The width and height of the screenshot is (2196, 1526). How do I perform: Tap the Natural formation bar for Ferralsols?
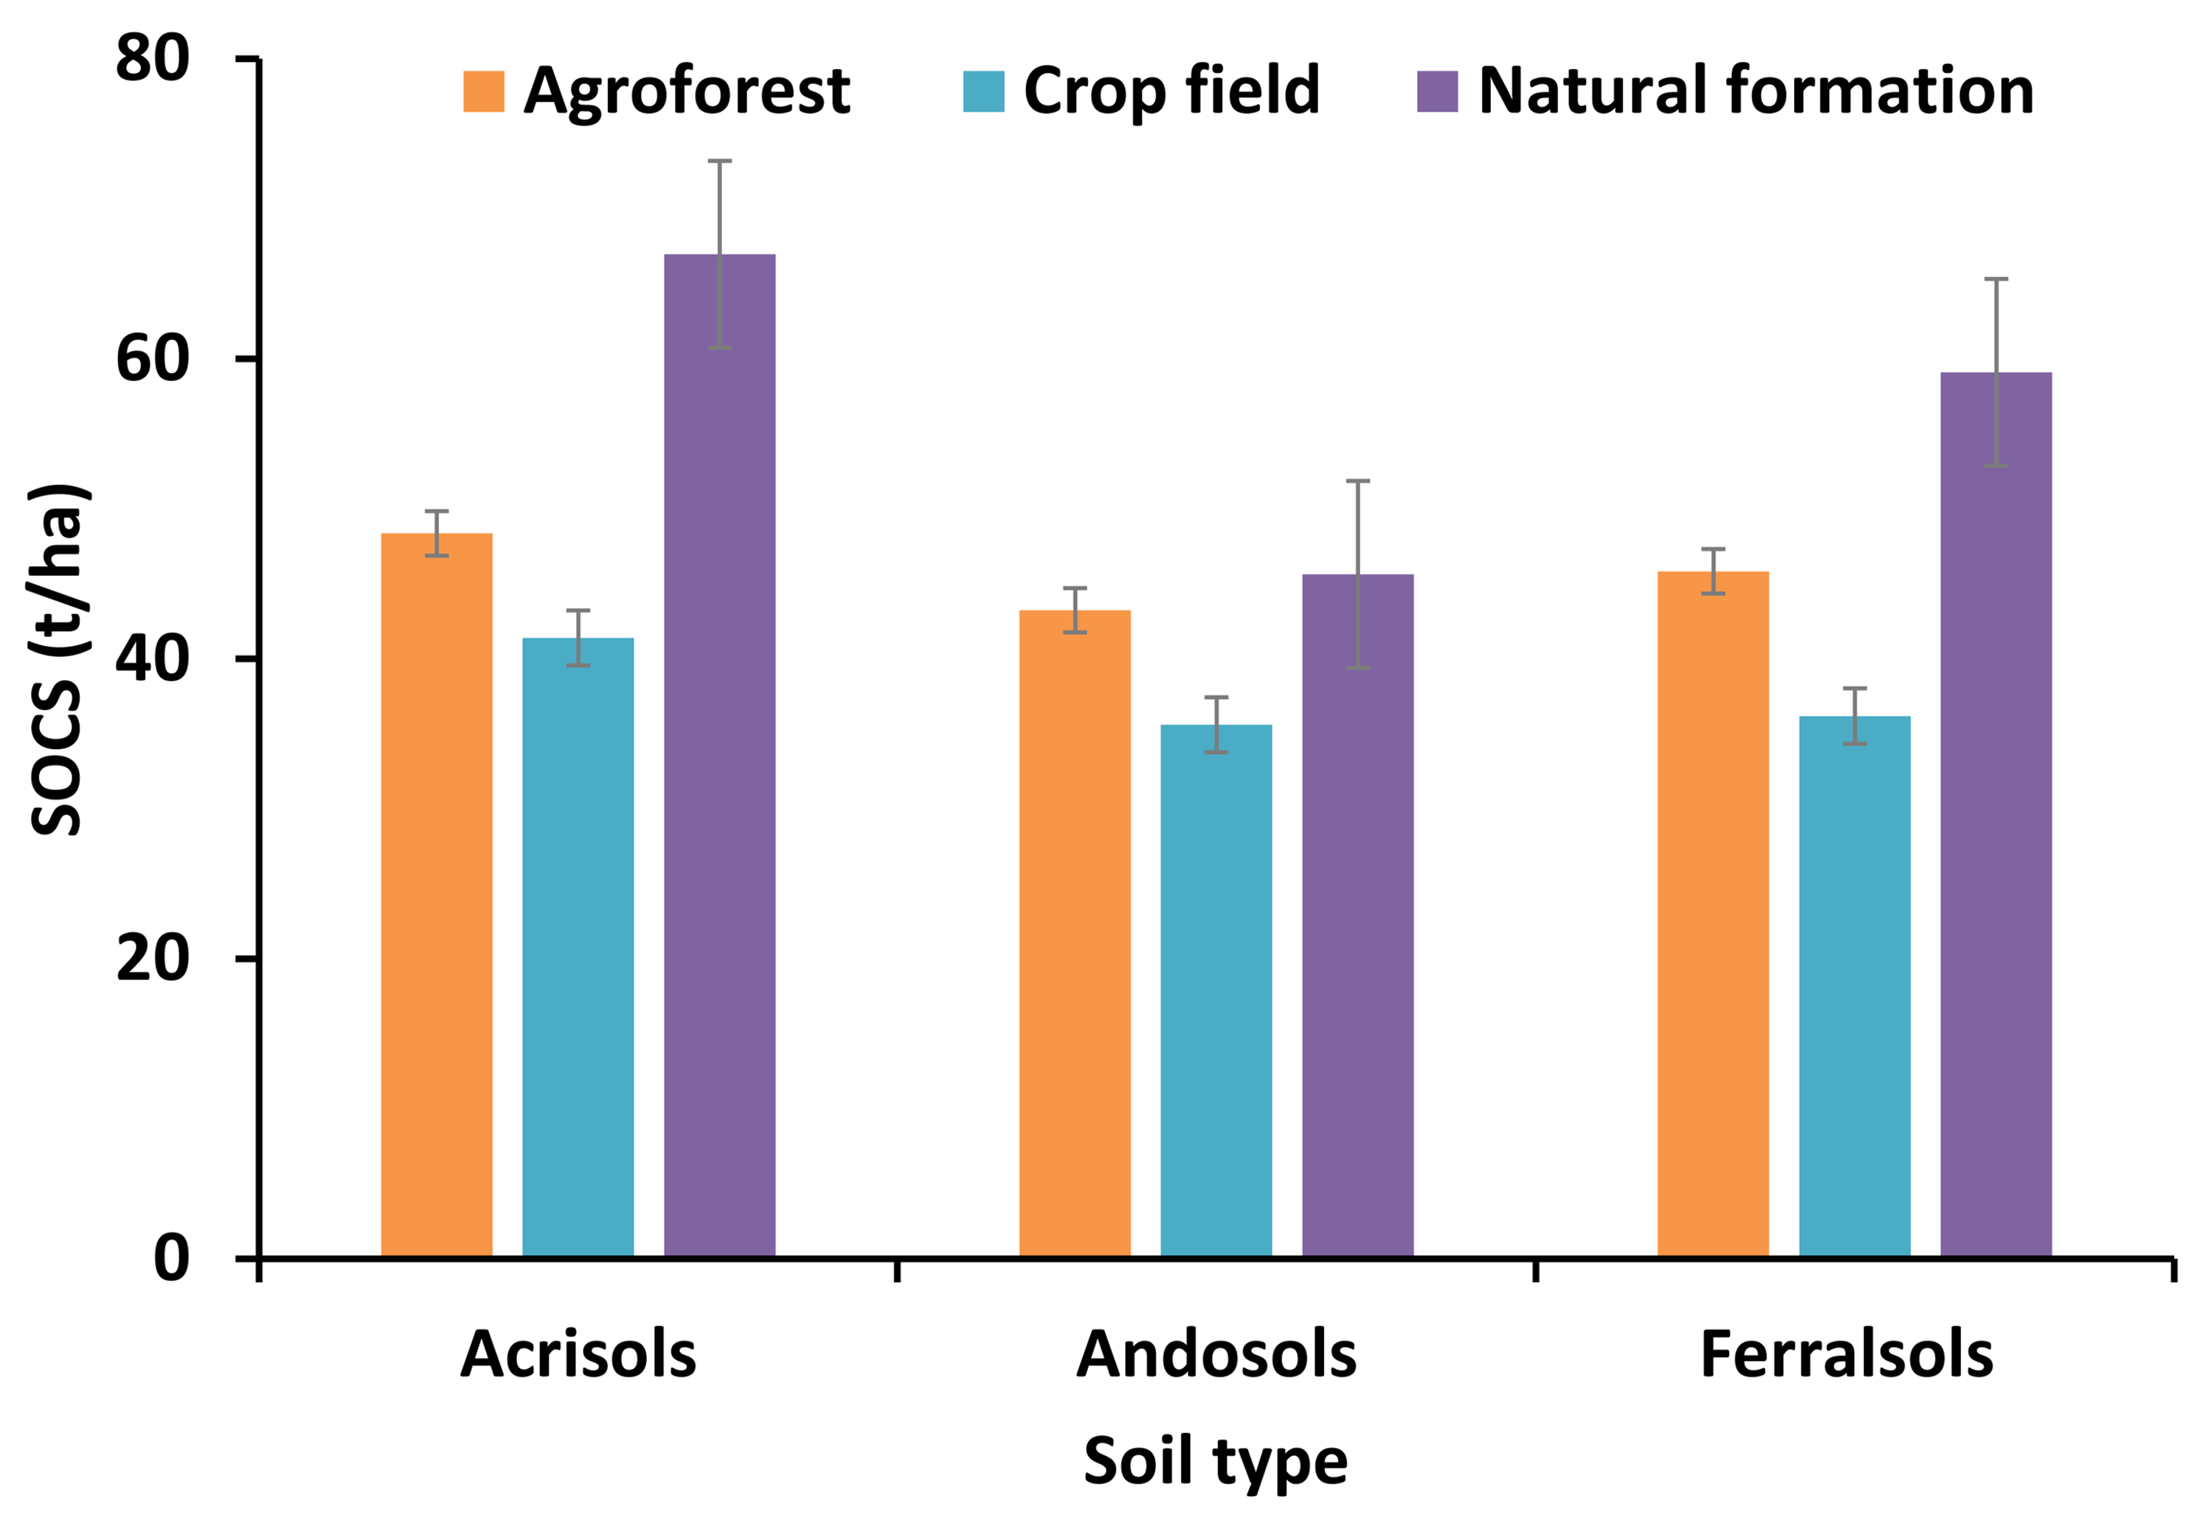pos(1995,812)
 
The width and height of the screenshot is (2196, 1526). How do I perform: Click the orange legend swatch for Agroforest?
pos(483,92)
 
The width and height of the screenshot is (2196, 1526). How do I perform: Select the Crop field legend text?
pos(1171,92)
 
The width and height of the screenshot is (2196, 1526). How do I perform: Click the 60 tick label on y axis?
pos(153,360)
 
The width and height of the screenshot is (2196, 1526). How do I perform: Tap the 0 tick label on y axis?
pos(172,1258)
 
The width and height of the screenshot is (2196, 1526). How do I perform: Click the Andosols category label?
pos(1216,1355)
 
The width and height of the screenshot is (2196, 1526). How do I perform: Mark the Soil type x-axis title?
pos(1216,1461)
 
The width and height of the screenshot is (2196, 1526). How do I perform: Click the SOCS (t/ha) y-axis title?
pos(59,660)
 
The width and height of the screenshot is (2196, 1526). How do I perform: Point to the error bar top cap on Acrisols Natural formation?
pos(719,161)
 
